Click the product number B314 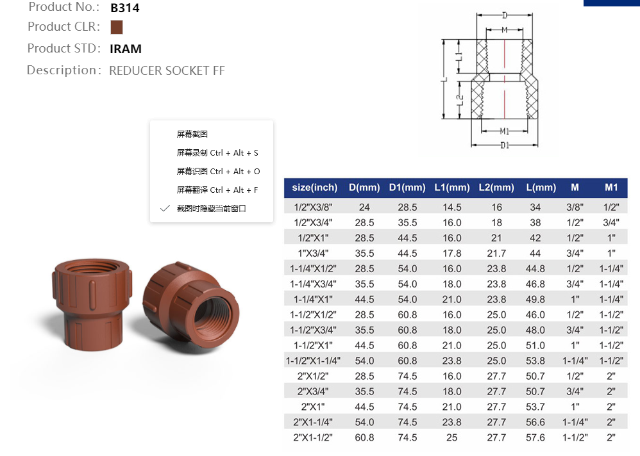tap(124, 8)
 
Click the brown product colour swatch tap(116, 28)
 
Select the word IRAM tap(126, 49)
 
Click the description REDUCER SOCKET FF tap(167, 70)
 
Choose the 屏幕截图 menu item tap(192, 134)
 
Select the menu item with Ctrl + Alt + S tap(217, 153)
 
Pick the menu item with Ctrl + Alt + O tap(218, 172)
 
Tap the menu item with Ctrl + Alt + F tap(217, 190)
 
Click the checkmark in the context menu tap(165, 209)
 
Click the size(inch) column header tap(314, 188)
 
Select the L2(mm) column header tap(496, 188)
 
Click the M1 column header tap(611, 188)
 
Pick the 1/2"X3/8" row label tap(314, 208)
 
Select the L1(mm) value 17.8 tap(451, 254)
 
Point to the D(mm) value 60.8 tap(364, 438)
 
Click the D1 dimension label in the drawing tap(505, 145)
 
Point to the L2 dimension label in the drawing tap(459, 101)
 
